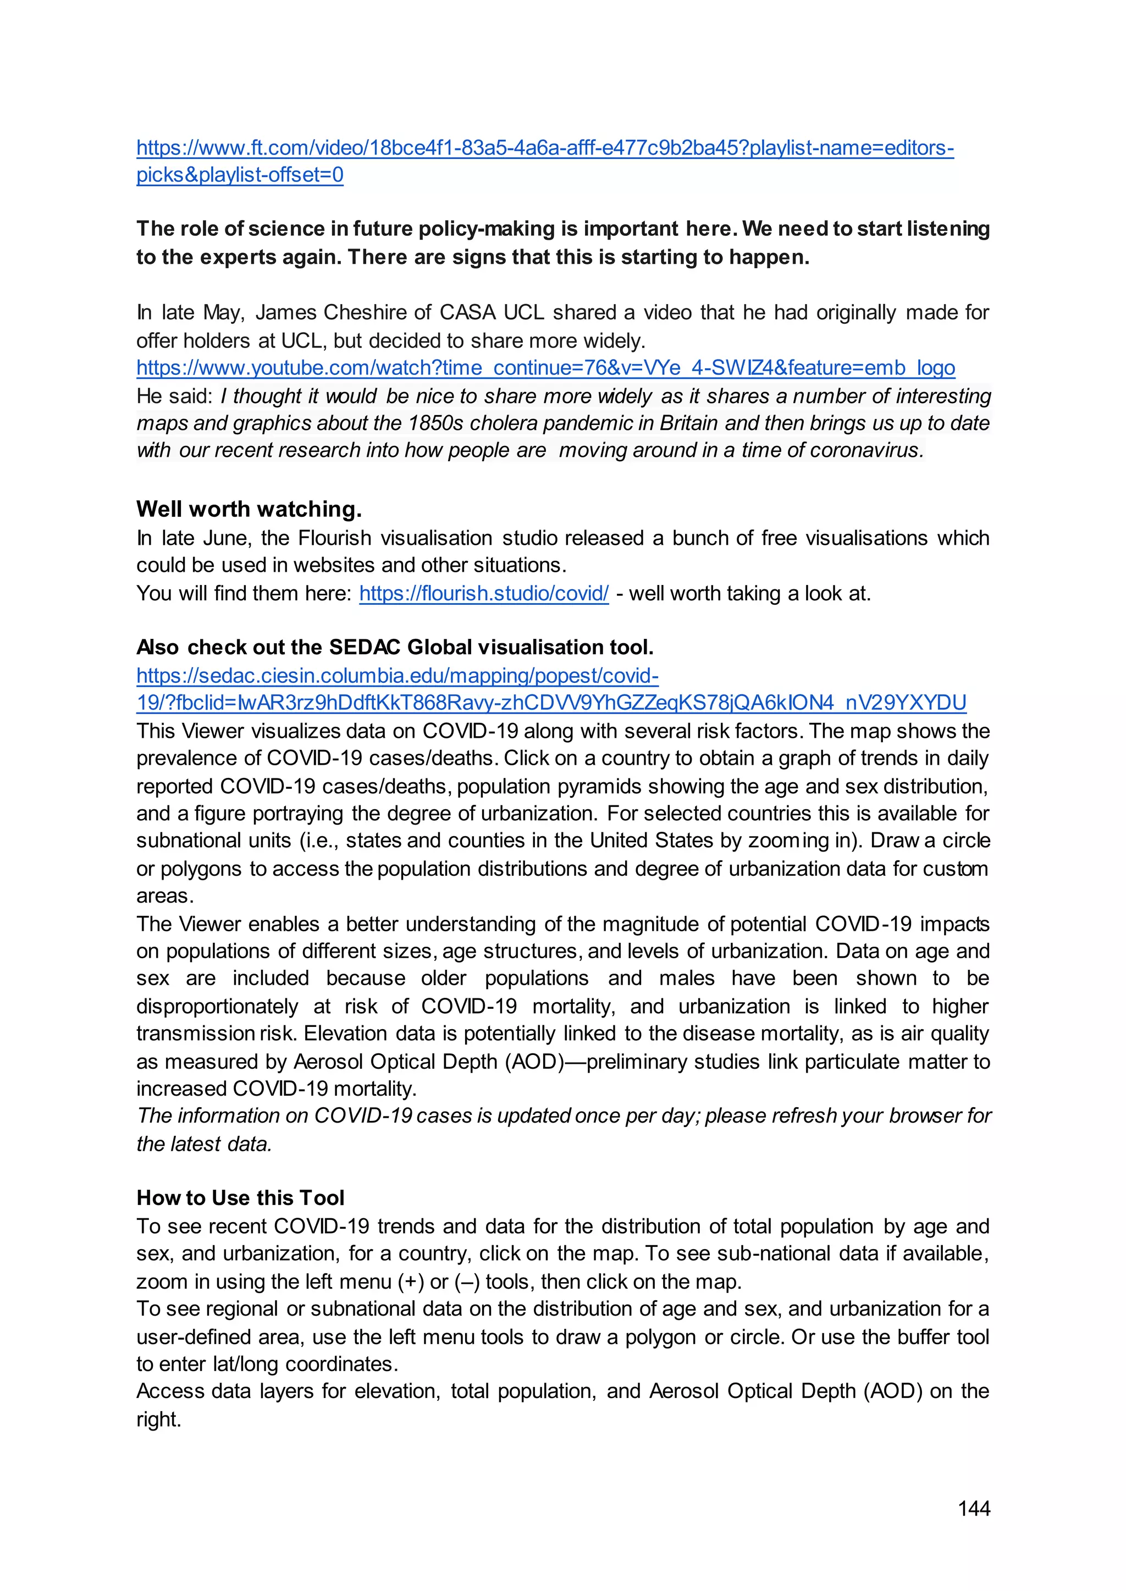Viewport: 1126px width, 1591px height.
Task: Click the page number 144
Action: (x=974, y=1508)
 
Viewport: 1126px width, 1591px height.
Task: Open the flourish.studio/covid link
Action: (x=483, y=593)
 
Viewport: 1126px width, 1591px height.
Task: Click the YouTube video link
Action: (x=545, y=367)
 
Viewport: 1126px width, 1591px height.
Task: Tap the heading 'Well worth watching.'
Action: (x=249, y=509)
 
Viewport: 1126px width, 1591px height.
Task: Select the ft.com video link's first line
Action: (x=545, y=148)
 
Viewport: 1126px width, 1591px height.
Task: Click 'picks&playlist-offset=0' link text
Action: (x=240, y=175)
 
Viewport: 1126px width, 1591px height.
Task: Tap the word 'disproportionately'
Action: (x=217, y=1006)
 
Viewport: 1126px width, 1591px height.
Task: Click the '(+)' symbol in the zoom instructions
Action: (x=411, y=1282)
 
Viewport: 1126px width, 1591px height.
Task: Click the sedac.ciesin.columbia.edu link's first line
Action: (x=398, y=675)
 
